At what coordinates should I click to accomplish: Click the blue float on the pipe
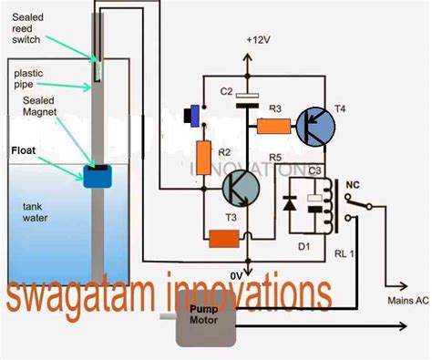tap(96, 176)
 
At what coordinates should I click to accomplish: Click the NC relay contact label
tap(350, 187)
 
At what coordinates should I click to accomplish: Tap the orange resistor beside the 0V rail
tap(223, 239)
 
